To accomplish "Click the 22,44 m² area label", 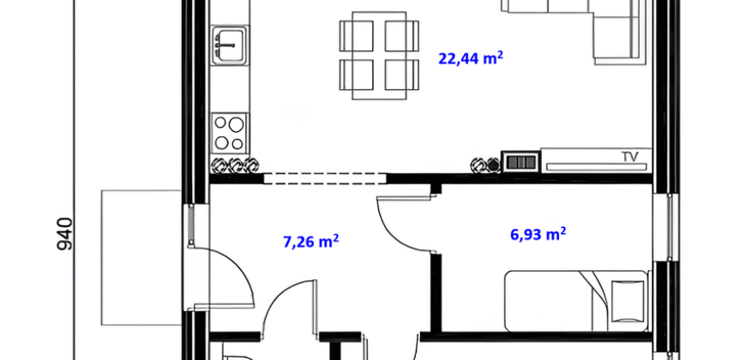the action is click(x=471, y=58).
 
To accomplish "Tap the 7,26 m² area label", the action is click(x=310, y=241).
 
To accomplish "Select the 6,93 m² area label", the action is click(x=538, y=234).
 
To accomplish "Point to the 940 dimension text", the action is click(x=64, y=234).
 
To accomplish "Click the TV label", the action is click(x=629, y=157).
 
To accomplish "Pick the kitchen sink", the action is click(x=230, y=45).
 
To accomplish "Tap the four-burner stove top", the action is click(x=230, y=133).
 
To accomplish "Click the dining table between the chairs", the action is click(x=379, y=56).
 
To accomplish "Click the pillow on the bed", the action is click(x=627, y=300).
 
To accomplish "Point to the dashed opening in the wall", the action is click(x=325, y=179).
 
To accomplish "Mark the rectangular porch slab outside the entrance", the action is click(x=141, y=257).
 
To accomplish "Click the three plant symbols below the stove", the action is click(x=235, y=165).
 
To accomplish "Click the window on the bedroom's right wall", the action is click(x=670, y=227).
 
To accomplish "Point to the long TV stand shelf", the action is click(x=596, y=166).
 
